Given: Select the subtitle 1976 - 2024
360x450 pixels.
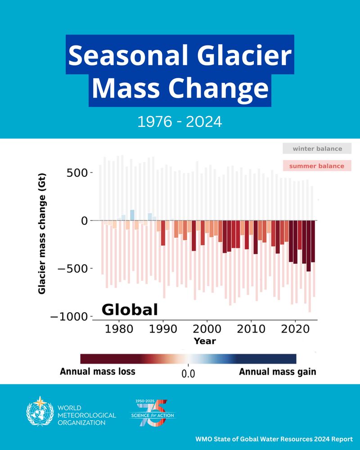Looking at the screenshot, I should (180, 121).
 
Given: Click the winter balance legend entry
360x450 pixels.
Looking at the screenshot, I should (317, 148).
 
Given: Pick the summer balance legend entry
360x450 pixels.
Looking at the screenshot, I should (317, 166).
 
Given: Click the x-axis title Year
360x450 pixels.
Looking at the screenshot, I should (205, 341).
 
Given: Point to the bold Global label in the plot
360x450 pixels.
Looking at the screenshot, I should (130, 310).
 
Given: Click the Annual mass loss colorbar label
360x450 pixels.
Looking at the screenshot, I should (98, 372).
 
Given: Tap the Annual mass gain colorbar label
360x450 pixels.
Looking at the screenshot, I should (277, 372).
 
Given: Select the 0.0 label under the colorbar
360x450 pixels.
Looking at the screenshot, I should (188, 373).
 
